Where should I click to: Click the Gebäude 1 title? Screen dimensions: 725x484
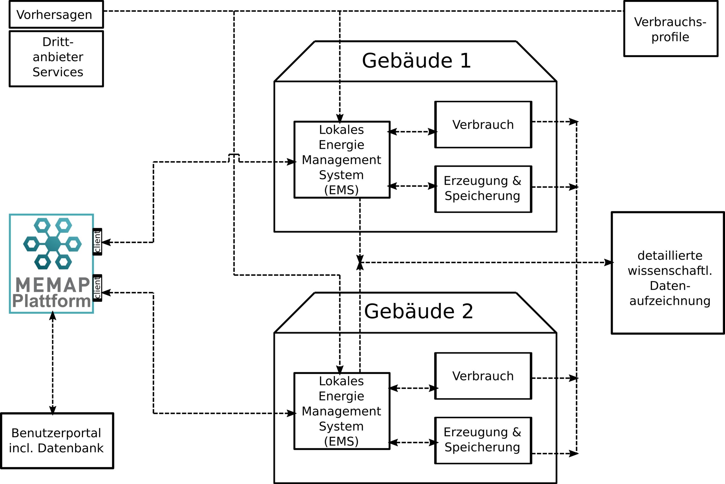tap(416, 61)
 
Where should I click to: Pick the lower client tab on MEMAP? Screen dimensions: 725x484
tap(97, 288)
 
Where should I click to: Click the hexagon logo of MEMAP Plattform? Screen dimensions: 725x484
tap(53, 244)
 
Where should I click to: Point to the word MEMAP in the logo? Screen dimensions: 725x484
tap(53, 285)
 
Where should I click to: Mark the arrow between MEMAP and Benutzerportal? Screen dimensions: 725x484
tap(53, 363)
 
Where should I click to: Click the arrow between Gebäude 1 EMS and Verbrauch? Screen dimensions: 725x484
tap(413, 132)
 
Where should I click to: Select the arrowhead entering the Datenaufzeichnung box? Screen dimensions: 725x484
tap(609, 263)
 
